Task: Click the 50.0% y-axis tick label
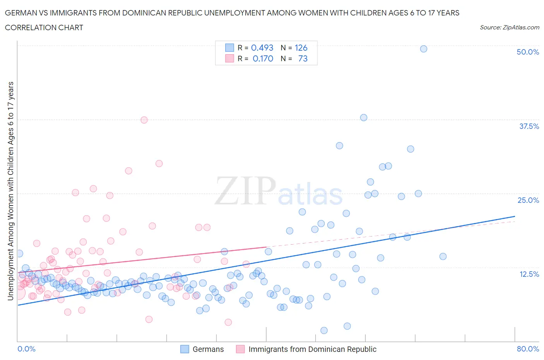coord(528,52)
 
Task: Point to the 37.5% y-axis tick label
coord(529,126)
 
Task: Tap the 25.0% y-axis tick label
coord(528,200)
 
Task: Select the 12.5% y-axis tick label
coord(529,274)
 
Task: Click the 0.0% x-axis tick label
coord(26,349)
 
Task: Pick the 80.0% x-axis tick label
coord(528,349)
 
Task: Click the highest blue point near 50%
coord(424,49)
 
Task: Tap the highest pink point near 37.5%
coord(144,120)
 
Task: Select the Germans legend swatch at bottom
coord(185,349)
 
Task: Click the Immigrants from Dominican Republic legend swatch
coord(240,349)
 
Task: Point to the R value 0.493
coord(262,48)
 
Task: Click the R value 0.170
coord(263,58)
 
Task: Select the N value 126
coord(301,48)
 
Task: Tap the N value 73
coord(303,58)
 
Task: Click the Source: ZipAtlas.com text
coord(509,27)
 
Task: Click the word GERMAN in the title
coord(20,13)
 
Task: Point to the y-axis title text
coord(10,191)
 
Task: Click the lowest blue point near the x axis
coord(324,330)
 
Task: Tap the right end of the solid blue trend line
coord(515,216)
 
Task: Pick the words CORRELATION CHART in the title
coord(44,27)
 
